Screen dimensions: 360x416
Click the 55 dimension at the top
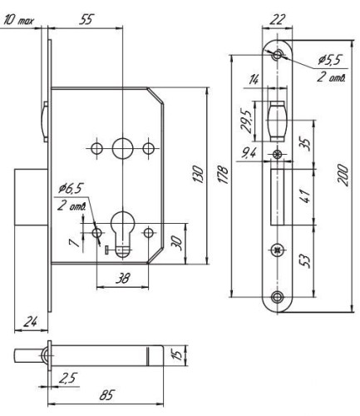point(86,20)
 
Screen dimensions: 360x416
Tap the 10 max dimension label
point(19,21)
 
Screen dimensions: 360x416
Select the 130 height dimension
point(199,174)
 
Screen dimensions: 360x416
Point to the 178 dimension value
point(224,175)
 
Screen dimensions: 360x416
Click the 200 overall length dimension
point(343,176)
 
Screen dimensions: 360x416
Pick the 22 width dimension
point(278,20)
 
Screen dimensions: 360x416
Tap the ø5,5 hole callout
point(330,60)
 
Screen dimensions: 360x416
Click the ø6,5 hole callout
point(71,189)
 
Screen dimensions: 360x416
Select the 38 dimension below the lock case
point(122,278)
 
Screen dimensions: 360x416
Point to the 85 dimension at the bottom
point(106,395)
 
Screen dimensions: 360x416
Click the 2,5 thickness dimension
point(67,379)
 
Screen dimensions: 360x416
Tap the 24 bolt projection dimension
point(31,322)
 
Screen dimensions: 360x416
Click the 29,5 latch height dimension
point(246,121)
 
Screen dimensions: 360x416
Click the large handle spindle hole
point(122,148)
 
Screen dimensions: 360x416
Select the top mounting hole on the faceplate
point(277,54)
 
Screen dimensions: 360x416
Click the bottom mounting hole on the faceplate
point(277,297)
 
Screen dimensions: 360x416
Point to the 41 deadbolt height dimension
point(306,196)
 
